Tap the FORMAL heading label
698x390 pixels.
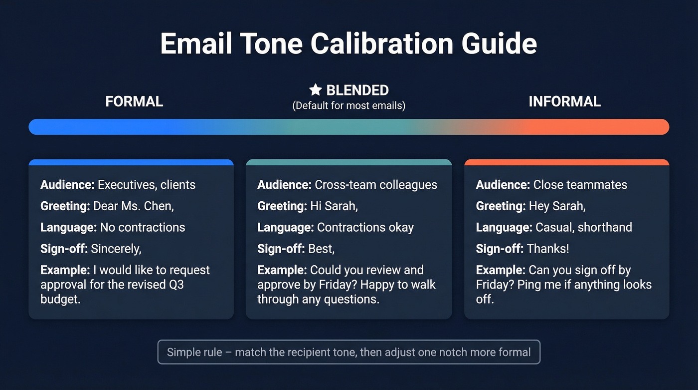click(134, 102)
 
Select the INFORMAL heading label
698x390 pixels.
click(564, 102)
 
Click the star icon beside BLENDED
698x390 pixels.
click(315, 90)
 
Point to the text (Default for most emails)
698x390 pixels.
click(349, 106)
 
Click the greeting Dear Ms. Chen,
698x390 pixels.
click(134, 206)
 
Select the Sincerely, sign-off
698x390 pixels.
click(116, 249)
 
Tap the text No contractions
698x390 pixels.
click(143, 227)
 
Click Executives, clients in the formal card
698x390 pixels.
click(147, 185)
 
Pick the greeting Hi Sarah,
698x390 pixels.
click(334, 206)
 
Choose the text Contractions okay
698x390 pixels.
click(365, 227)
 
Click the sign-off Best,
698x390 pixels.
click(322, 249)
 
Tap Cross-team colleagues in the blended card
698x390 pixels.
click(376, 185)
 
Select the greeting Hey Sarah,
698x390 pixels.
click(557, 206)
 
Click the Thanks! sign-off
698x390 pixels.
click(547, 249)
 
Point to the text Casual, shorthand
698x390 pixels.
click(583, 227)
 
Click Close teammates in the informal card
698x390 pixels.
click(580, 185)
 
